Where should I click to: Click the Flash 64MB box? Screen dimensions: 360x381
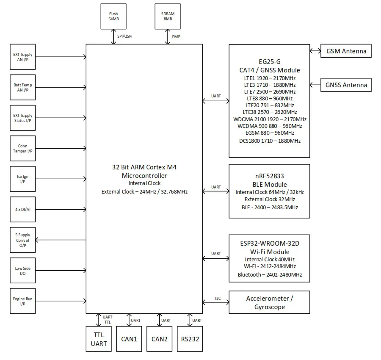113,17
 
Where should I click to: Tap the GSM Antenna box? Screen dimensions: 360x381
346,51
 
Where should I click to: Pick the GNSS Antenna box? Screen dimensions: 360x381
346,85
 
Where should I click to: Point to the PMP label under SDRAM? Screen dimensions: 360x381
176,37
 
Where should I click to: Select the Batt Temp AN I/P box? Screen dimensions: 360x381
22,88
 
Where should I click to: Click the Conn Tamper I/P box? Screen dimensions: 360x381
22,148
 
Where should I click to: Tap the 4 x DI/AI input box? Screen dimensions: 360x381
22,209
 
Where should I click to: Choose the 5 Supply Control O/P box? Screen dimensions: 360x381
22,240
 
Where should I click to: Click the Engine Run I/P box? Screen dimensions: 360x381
22,301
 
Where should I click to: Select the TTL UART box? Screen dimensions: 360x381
99,339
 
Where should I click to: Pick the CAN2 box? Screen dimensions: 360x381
160,339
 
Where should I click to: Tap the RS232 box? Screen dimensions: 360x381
190,339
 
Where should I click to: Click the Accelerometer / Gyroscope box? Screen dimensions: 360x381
269,302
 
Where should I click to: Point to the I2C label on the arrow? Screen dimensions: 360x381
218,299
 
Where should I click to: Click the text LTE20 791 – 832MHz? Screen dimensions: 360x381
269,105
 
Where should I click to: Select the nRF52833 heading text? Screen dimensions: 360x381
269,177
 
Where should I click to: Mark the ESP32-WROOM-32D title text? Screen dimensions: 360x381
269,244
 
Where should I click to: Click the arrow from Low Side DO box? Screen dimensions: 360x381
61,270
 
